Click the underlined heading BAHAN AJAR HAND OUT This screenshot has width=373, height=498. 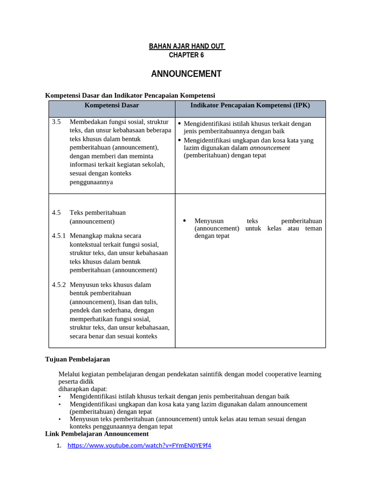click(x=186, y=46)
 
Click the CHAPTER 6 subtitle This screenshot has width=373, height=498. click(x=186, y=55)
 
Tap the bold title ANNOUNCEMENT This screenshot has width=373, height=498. click(x=186, y=74)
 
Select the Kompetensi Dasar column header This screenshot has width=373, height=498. click(x=112, y=105)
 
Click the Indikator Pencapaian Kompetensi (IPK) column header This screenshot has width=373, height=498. click(x=250, y=105)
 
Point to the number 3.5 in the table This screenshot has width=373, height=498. click(x=56, y=122)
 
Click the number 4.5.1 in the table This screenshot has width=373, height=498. click(x=58, y=236)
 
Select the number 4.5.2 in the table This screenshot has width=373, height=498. click(x=58, y=285)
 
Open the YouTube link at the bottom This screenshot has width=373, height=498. click(x=139, y=445)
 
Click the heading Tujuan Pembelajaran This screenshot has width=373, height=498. click(x=78, y=359)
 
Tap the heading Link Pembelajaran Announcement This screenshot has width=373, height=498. click(x=97, y=434)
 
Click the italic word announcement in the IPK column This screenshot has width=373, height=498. click(x=270, y=148)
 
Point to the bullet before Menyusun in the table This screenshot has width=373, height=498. click(x=185, y=221)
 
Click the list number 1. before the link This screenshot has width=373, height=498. click(x=59, y=446)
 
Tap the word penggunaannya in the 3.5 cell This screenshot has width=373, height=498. click(x=91, y=182)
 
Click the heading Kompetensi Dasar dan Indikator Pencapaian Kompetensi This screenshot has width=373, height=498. click(x=130, y=95)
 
